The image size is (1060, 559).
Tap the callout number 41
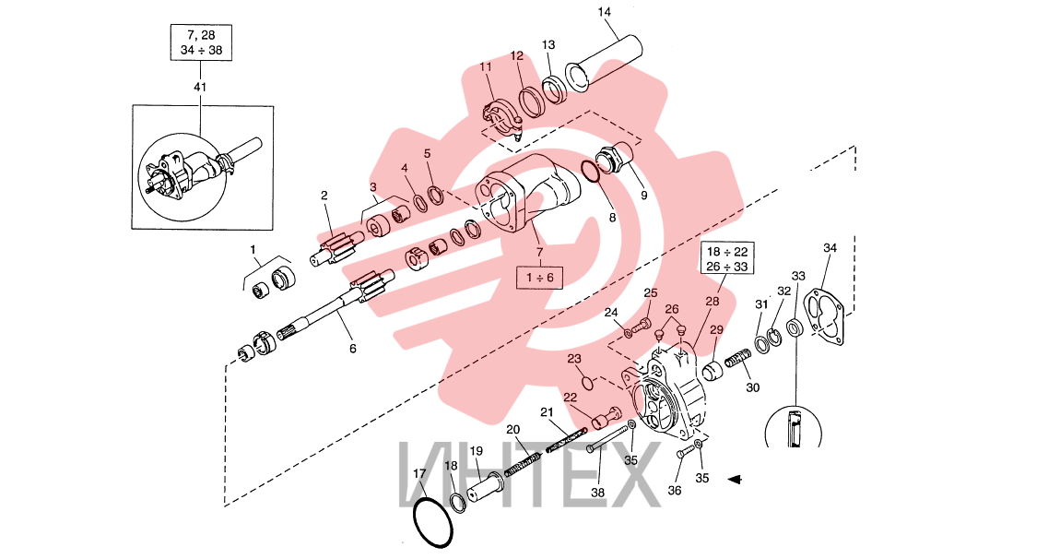coord(200,87)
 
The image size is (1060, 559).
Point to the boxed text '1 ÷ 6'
coord(539,278)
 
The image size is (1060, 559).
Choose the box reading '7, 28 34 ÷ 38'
coord(201,42)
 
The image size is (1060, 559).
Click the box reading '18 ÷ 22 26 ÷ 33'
coord(727,258)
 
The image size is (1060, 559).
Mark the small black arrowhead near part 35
coord(735,479)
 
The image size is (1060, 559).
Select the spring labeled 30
coord(739,358)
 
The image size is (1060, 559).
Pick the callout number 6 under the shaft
coord(352,350)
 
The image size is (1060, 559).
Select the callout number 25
coord(651,293)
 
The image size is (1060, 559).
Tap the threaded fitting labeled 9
coord(617,158)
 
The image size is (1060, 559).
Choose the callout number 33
coord(798,276)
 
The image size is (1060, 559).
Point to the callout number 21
coord(547,412)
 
